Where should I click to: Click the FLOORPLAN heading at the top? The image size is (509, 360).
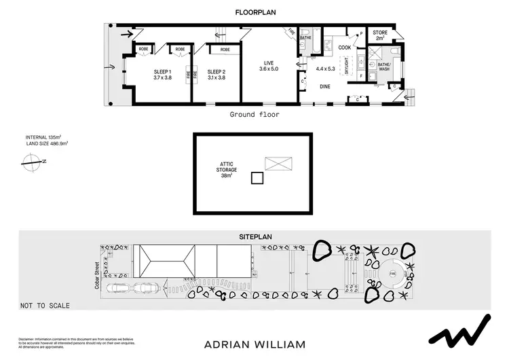254,12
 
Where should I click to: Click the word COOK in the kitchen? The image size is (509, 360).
345,48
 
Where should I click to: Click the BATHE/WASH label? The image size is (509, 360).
383,67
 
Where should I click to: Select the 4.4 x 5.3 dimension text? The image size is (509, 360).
326,68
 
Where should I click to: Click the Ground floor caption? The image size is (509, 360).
254,115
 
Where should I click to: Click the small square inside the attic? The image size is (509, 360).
257,178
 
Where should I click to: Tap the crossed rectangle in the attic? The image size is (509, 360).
279,163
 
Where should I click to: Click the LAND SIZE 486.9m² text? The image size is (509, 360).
48,143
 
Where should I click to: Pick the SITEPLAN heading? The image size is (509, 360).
255,236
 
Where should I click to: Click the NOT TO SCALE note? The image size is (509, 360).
45,305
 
